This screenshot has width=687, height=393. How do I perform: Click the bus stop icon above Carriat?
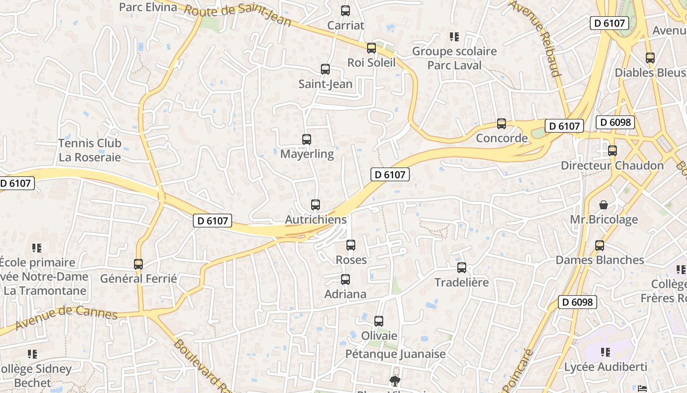click(345, 10)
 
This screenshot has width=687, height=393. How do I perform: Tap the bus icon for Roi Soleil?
click(371, 48)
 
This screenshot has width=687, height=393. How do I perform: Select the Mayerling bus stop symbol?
click(307, 140)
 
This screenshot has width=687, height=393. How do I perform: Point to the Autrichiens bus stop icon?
click(316, 205)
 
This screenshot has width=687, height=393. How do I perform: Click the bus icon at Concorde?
click(501, 124)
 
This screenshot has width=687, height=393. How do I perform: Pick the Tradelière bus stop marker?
click(462, 268)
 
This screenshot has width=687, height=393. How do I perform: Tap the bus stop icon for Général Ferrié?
click(138, 264)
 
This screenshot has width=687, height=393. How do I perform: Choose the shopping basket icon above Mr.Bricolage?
click(604, 204)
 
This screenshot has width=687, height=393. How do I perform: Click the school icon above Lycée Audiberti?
click(606, 352)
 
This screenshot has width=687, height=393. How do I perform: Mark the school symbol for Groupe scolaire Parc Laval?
click(454, 37)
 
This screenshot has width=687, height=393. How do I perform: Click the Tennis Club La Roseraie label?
click(90, 150)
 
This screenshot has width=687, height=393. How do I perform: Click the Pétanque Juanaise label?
click(396, 354)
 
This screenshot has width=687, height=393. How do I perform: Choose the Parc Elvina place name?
click(148, 7)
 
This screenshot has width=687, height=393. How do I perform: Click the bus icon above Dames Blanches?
click(599, 245)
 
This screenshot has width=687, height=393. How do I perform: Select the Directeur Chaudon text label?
click(612, 166)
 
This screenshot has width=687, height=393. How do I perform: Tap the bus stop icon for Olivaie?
click(379, 321)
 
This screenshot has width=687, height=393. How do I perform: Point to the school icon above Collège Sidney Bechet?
click(32, 354)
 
